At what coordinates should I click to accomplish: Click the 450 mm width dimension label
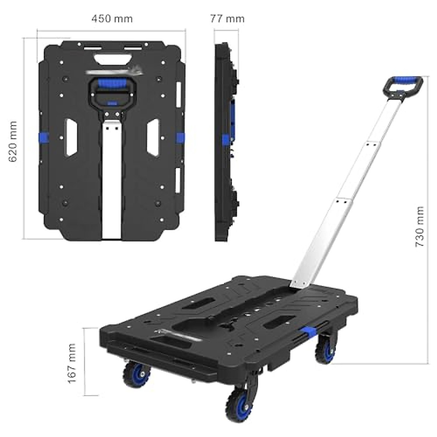[x=112, y=19]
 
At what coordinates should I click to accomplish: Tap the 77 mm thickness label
[x=227, y=19]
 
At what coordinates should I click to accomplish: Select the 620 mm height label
[x=13, y=142]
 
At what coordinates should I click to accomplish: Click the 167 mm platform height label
[x=72, y=363]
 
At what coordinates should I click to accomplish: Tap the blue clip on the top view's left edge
[x=44, y=138]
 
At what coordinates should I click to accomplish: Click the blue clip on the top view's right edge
[x=181, y=138]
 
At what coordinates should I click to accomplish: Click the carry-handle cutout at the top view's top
[x=113, y=58]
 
